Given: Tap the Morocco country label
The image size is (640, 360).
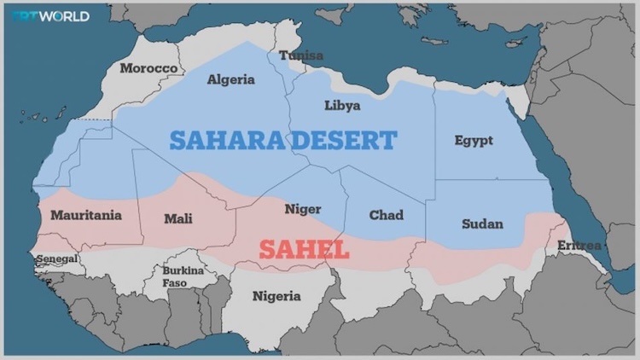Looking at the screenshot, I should click(x=148, y=68).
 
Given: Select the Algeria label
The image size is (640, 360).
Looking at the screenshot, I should click(x=231, y=79).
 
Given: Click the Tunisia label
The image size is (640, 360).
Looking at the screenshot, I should click(x=300, y=56).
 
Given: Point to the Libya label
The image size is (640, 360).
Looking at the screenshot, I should click(x=342, y=106).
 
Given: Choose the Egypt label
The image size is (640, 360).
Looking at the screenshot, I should click(x=474, y=141).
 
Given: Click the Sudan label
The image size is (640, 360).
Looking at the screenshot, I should click(x=482, y=224).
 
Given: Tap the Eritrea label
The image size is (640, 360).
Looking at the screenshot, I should click(x=579, y=246).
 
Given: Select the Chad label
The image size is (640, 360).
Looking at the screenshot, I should click(x=386, y=216).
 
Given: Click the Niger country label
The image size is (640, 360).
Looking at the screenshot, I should click(x=303, y=209).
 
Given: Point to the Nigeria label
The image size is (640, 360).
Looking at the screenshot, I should click(x=276, y=297).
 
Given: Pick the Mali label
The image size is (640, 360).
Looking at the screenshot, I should click(x=177, y=219).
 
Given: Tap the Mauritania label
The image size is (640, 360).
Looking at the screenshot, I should click(x=85, y=216).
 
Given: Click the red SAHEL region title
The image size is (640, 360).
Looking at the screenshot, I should click(x=304, y=250).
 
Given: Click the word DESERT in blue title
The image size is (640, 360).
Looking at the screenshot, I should click(x=344, y=141).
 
